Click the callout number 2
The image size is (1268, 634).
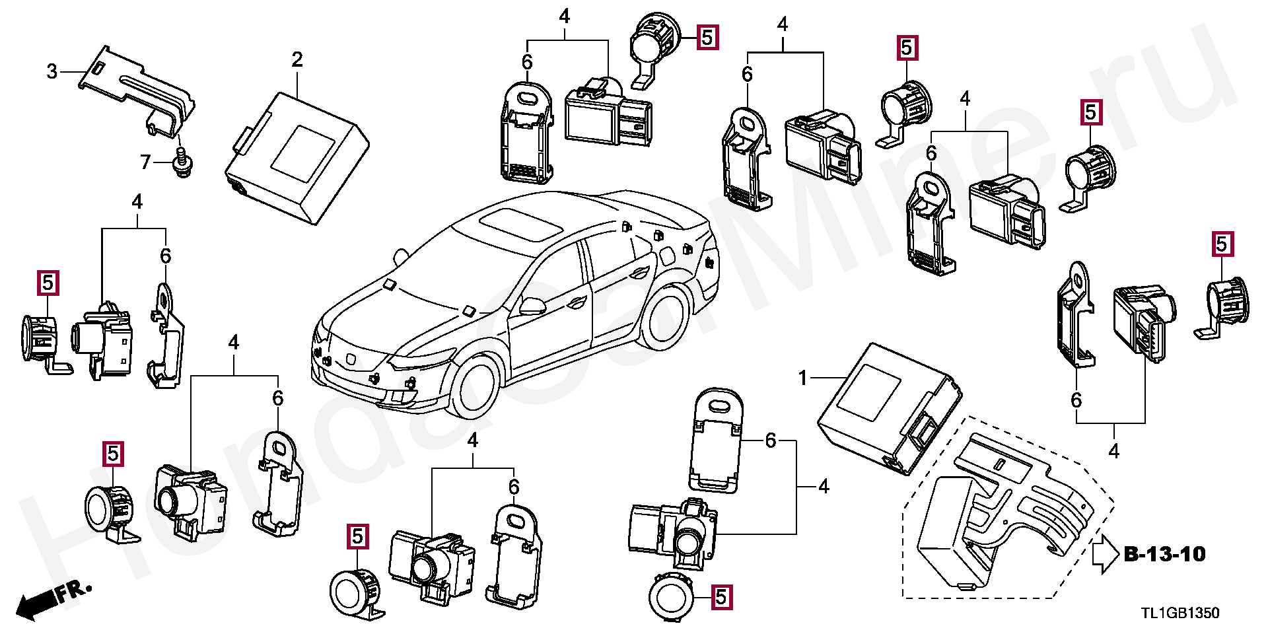297,60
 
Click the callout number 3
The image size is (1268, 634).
52,71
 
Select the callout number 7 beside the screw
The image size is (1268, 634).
146,161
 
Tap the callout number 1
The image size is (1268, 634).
803,378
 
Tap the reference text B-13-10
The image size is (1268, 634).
1164,554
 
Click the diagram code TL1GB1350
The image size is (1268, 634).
1180,614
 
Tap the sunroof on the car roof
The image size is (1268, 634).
521,225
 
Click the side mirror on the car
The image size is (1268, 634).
532,306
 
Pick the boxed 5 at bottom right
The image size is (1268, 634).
721,598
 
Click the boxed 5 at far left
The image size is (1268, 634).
48,283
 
